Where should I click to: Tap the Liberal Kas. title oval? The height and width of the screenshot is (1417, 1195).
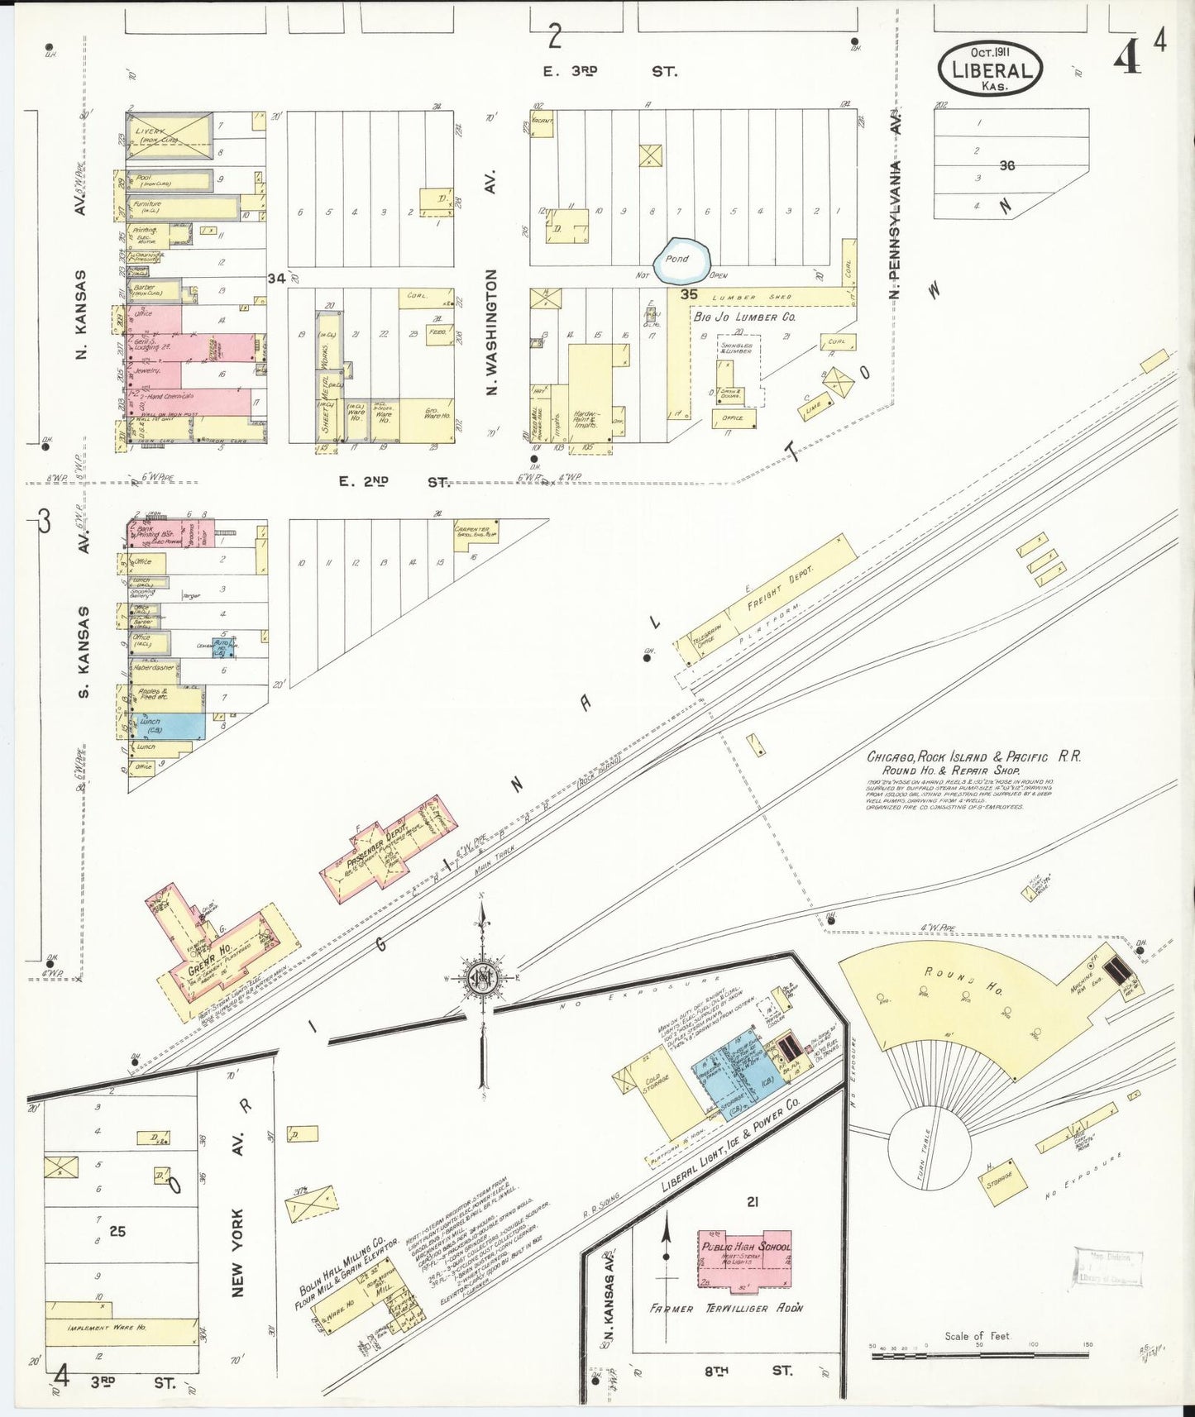pos(991,69)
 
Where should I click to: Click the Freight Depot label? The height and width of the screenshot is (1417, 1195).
pos(780,588)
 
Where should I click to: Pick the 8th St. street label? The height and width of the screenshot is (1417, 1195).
pos(747,1371)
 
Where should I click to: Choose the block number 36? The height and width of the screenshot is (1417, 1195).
pos(1006,165)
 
